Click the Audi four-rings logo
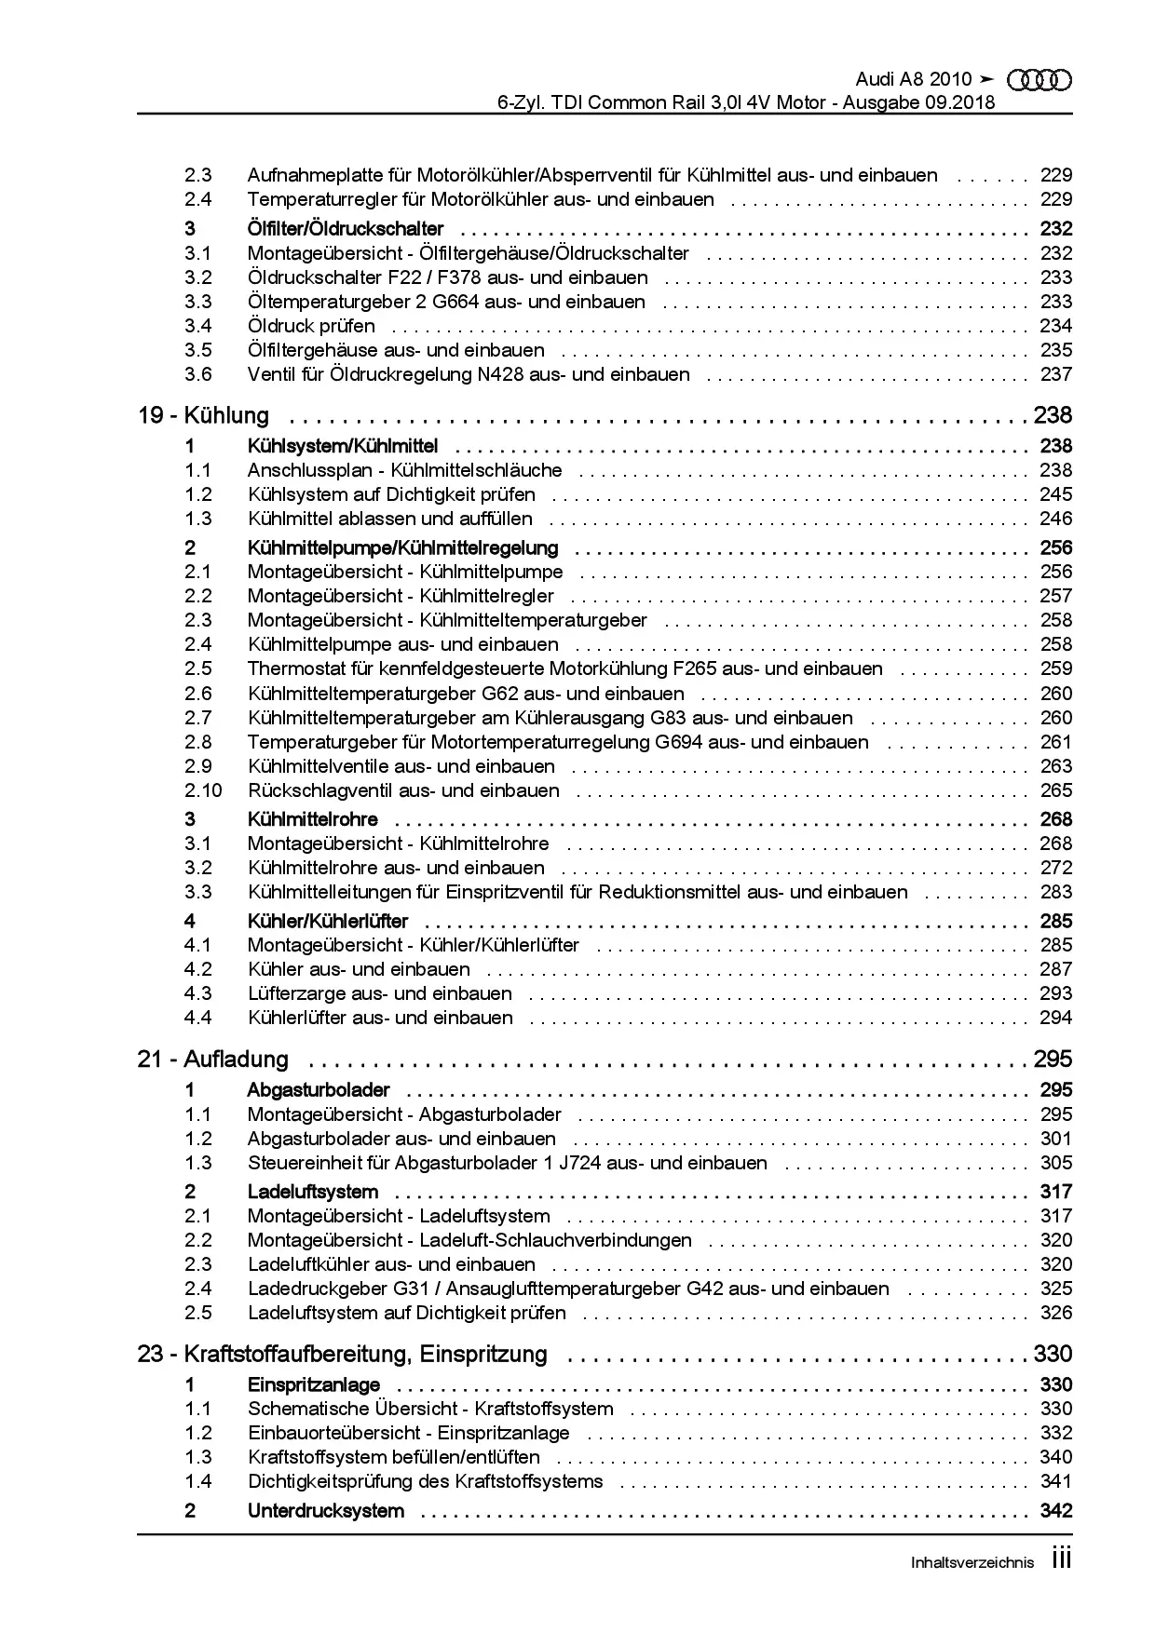[x=1040, y=80]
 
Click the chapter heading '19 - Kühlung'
[x=203, y=415]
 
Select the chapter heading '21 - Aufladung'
[x=212, y=1059]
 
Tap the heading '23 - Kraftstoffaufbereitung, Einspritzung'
[x=342, y=1354]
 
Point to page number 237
[x=1055, y=374]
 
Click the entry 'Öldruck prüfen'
[x=311, y=326]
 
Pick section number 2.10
[x=203, y=790]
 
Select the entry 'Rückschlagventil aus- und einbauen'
[x=403, y=790]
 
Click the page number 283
[x=1055, y=892]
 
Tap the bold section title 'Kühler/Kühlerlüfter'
[x=328, y=921]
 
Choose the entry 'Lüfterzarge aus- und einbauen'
[x=380, y=993]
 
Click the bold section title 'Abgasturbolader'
[x=319, y=1089]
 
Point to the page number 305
[x=1055, y=1163]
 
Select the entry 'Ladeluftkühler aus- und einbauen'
[x=391, y=1264]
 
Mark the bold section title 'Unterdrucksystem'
[x=326, y=1510]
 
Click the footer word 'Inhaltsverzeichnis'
[x=972, y=1563]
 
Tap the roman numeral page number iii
[x=1061, y=1559]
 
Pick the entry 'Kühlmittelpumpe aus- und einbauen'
[x=403, y=644]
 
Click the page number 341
[x=1055, y=1481]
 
